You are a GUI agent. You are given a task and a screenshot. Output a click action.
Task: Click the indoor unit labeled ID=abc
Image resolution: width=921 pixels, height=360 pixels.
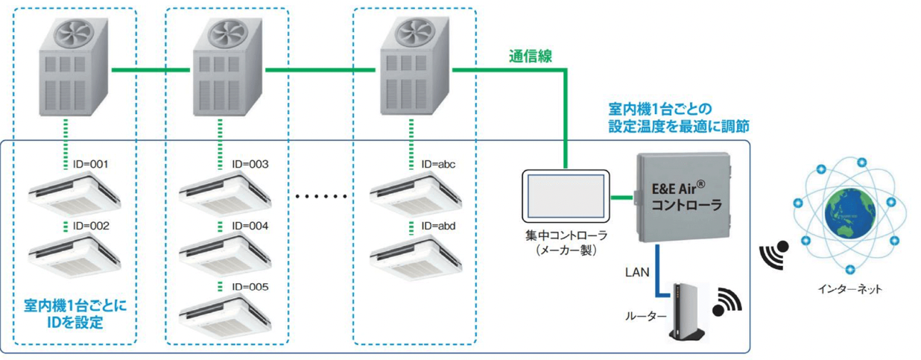(414, 192)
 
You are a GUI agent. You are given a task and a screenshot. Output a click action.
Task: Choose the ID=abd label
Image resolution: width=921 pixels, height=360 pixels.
(438, 225)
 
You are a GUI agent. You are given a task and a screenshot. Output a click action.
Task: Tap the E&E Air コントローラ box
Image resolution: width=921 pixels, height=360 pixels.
(682, 198)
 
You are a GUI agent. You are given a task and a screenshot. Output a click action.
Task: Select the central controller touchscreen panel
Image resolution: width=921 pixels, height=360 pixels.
(566, 198)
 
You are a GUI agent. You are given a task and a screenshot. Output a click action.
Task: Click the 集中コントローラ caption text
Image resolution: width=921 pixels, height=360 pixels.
(566, 236)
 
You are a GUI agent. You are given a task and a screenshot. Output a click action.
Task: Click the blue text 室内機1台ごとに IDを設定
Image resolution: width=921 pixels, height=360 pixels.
(74, 314)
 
